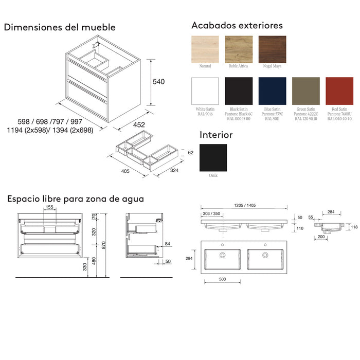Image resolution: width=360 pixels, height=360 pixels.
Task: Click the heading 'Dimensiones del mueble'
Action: pyautogui.click(x=60, y=27)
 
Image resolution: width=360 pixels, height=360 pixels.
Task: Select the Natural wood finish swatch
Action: pyautogui.click(x=205, y=49)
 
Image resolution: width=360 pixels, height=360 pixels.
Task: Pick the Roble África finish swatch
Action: pyautogui.click(x=239, y=49)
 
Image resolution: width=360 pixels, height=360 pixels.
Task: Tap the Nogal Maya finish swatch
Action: pyautogui.click(x=272, y=49)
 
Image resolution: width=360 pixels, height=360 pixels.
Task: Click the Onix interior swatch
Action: pyautogui.click(x=213, y=157)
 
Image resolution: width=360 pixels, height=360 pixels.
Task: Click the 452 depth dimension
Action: pyautogui.click(x=139, y=124)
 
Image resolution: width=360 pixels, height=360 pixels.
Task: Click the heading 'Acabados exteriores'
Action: pyautogui.click(x=237, y=25)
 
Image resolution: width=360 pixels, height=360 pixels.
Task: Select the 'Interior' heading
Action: pyautogui.click(x=216, y=135)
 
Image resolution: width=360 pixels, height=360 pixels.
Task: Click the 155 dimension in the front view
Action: pyautogui.click(x=49, y=207)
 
